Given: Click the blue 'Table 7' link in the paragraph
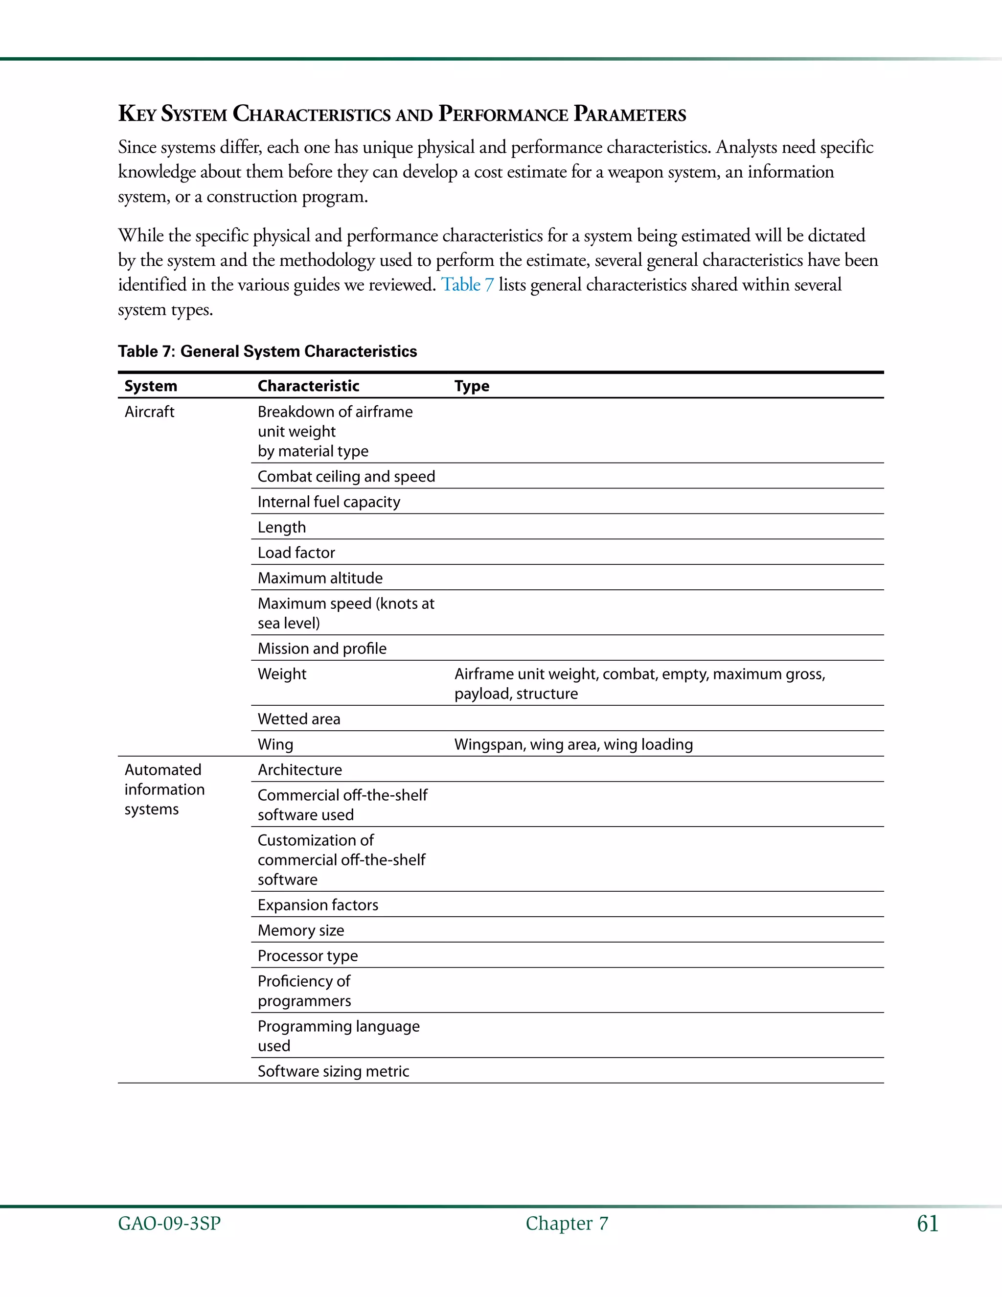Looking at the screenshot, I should click(467, 285).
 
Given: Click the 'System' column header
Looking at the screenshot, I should click(151, 386).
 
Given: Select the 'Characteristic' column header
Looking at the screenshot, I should click(308, 386).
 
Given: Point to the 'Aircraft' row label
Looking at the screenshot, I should click(150, 412).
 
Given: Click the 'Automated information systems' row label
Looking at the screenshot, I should click(164, 789).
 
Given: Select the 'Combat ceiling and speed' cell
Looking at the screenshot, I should click(346, 476).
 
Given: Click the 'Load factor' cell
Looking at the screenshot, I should click(296, 553).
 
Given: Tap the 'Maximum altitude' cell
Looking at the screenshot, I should click(320, 578).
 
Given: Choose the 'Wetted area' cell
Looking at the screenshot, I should click(298, 719).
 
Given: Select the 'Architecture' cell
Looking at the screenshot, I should click(300, 770).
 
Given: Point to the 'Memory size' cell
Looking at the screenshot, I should click(300, 930).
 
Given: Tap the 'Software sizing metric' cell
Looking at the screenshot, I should click(333, 1071).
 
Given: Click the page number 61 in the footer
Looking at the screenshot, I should click(927, 1224).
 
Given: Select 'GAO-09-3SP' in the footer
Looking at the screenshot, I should click(169, 1224).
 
